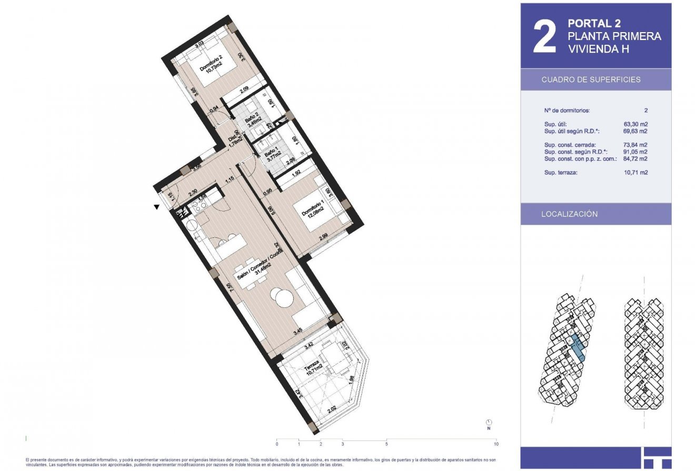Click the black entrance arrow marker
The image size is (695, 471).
pos(156,207)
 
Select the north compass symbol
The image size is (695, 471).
pos(489,422)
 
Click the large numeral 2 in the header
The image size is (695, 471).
pos(544,38)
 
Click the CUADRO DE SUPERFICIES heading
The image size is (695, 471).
pos(591,79)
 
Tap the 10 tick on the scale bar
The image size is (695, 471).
pos(497,444)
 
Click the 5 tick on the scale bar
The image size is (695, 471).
pos(386,444)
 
